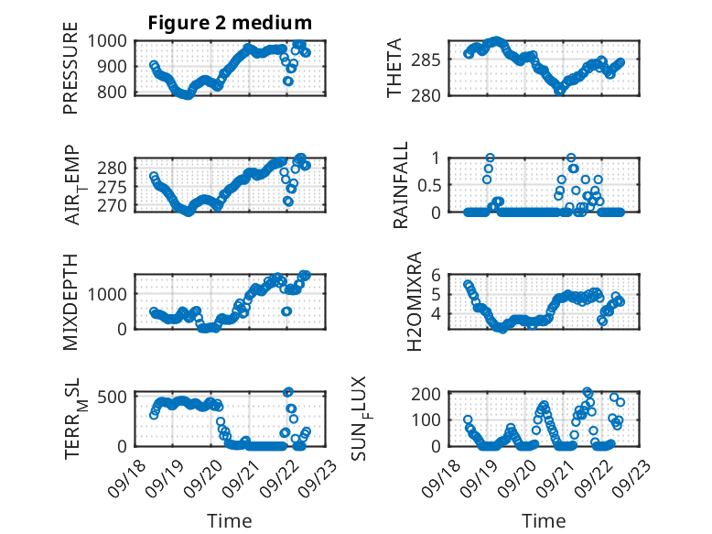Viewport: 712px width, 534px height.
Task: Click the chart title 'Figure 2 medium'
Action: (230, 23)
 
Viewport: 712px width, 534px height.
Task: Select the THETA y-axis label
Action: (394, 67)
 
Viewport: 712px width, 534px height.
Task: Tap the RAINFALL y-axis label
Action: (401, 186)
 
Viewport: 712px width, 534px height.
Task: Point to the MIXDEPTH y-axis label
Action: (70, 301)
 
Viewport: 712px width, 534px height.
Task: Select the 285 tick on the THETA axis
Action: (434, 60)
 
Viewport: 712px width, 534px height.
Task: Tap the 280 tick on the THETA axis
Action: (434, 94)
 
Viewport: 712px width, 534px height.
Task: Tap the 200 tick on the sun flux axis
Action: (434, 394)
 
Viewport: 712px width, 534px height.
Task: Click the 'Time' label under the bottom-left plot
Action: (230, 520)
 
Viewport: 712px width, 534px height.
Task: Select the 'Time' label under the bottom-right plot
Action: (544, 520)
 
